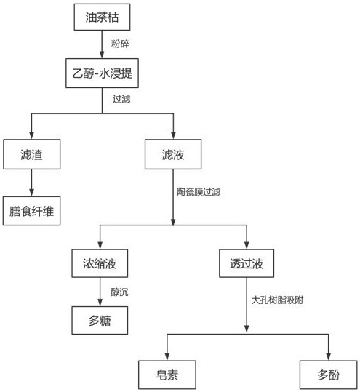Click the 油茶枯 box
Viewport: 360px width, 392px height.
click(x=102, y=17)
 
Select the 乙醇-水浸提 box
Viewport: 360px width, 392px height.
click(x=102, y=73)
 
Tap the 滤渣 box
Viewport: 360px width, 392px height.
click(x=32, y=154)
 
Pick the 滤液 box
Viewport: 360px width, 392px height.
click(x=173, y=154)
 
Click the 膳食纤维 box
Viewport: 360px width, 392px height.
click(x=32, y=211)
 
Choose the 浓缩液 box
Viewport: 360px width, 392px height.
click(x=100, y=263)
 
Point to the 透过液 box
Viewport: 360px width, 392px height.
click(x=247, y=263)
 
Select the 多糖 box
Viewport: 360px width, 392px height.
click(x=100, y=320)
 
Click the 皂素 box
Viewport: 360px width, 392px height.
click(x=167, y=375)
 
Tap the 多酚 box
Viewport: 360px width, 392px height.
click(x=328, y=375)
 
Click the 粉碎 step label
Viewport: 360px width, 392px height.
click(x=120, y=44)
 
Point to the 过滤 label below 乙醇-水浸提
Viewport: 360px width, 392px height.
click(x=121, y=99)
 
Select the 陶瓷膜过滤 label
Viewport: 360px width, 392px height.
click(x=199, y=192)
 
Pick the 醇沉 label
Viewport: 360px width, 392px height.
click(x=119, y=292)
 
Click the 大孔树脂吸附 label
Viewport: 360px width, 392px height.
click(x=277, y=300)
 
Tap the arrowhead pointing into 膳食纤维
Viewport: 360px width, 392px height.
click(x=31, y=193)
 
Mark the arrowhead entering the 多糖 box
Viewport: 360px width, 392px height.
click(x=100, y=303)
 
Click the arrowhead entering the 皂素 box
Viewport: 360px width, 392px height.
click(x=167, y=356)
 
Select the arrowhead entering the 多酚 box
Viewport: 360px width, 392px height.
click(x=328, y=356)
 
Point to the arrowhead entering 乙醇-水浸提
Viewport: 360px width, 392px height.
click(x=102, y=55)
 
